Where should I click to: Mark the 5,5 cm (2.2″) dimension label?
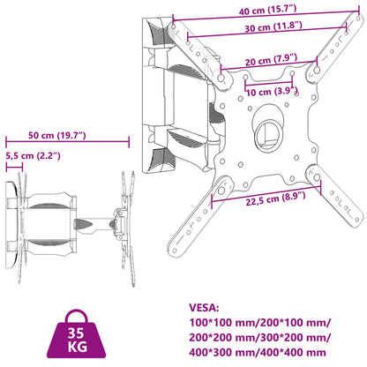pyautogui.click(x=32, y=156)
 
